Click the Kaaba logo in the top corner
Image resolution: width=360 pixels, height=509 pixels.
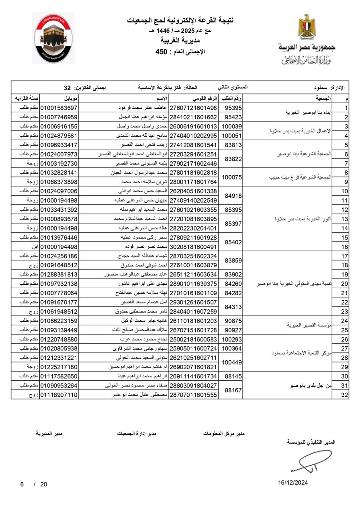(x=53, y=38)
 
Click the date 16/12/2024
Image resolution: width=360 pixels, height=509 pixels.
(x=293, y=482)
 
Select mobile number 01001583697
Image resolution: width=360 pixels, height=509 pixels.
(x=59, y=108)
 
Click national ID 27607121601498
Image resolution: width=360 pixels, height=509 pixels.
(x=193, y=108)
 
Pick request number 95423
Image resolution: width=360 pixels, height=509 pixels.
(x=233, y=117)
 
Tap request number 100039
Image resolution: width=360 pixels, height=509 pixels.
(x=232, y=127)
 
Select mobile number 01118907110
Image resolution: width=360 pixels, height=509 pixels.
(x=59, y=395)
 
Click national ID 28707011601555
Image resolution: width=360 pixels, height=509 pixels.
(x=193, y=395)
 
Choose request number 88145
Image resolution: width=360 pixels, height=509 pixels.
(x=233, y=376)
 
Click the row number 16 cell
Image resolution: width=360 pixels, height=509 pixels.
(x=344, y=247)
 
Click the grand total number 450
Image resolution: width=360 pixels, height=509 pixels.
(x=161, y=52)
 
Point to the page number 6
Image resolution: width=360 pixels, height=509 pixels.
(x=22, y=484)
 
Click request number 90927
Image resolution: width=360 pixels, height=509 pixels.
(x=233, y=330)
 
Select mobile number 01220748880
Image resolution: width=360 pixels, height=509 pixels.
(x=59, y=339)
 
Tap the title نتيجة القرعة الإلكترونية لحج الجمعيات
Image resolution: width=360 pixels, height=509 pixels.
(x=180, y=20)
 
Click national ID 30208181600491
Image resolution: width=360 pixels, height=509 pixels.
(x=193, y=247)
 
